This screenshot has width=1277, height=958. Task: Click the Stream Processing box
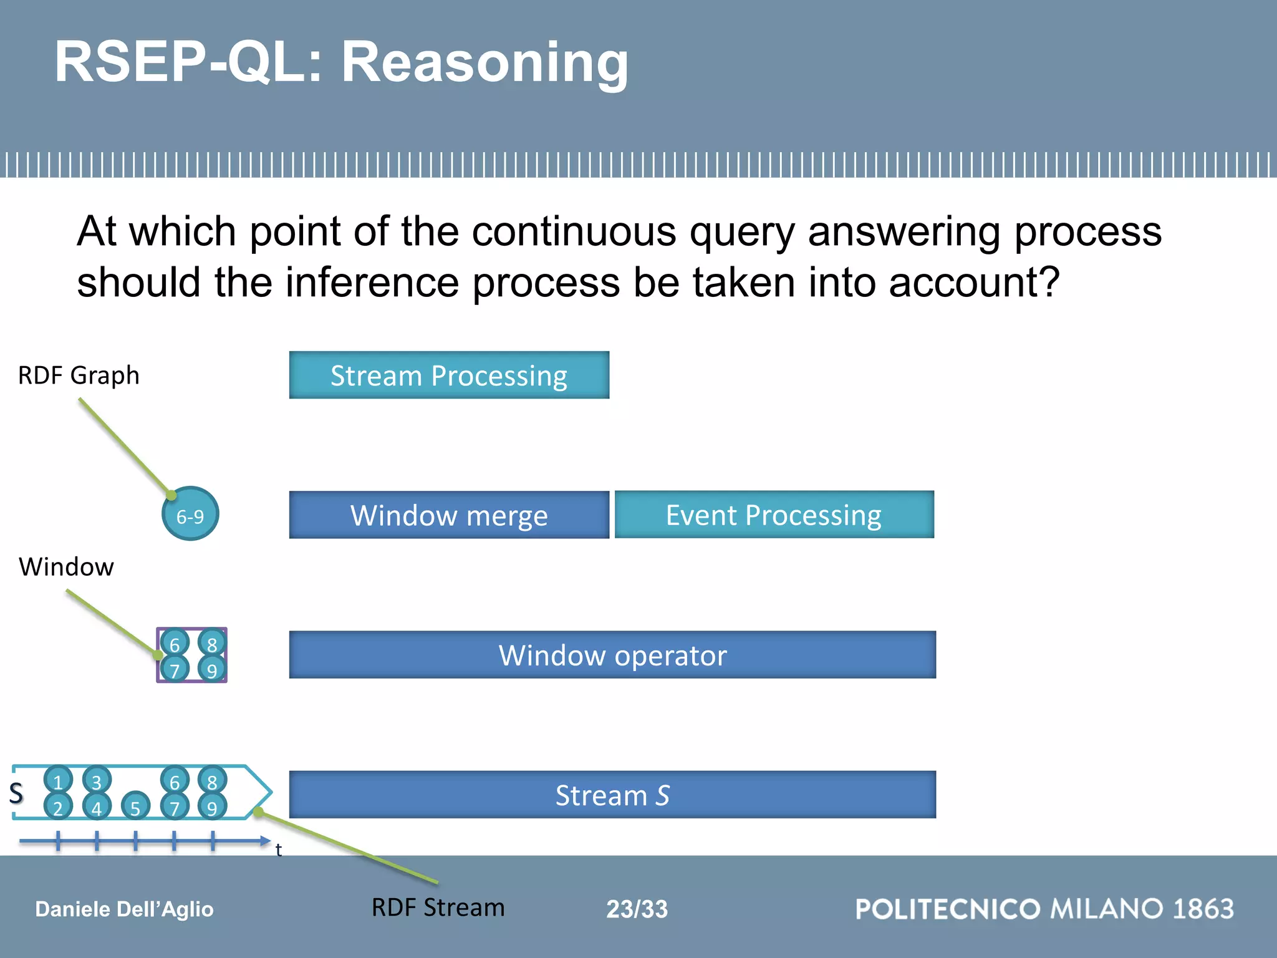[449, 375]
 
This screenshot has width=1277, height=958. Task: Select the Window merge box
[449, 515]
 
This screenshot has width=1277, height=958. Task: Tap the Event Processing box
[774, 515]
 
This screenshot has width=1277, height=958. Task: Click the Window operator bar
[612, 655]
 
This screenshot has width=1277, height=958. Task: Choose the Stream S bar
[612, 795]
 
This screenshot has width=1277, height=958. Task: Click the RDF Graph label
[79, 375]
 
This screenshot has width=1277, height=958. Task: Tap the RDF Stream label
[438, 907]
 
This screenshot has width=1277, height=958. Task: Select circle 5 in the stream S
[135, 806]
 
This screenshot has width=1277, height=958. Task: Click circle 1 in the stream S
[58, 780]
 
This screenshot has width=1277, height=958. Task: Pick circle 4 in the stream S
[97, 806]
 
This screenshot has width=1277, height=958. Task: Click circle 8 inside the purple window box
[212, 642]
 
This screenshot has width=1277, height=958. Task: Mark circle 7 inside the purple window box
[175, 669]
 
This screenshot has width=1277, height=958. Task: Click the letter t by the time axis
[278, 849]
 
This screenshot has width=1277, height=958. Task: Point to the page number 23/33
[637, 909]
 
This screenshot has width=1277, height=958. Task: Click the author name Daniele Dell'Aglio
[124, 909]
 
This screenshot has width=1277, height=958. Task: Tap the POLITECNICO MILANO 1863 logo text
[1044, 909]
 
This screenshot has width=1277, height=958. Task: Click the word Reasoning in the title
[484, 62]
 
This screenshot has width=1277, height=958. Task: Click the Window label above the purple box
[66, 567]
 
